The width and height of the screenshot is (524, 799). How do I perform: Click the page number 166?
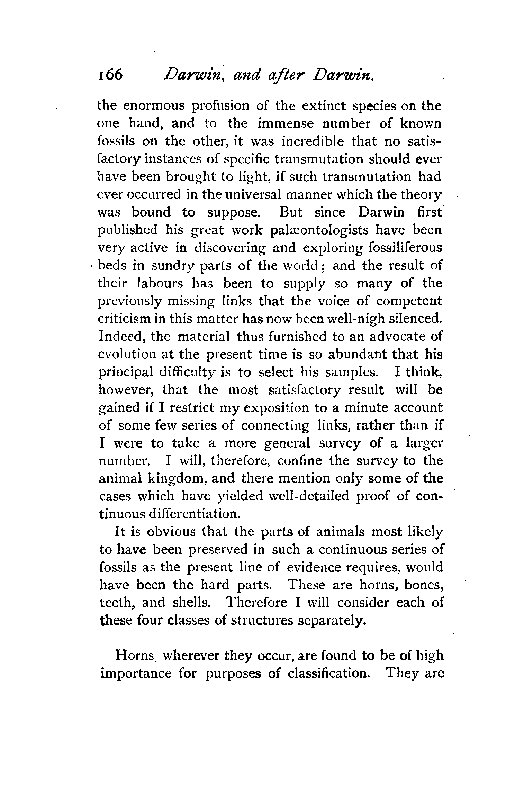(110, 74)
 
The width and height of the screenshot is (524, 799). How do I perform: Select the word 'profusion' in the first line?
(220, 105)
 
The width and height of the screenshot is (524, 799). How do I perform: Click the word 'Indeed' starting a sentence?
(121, 337)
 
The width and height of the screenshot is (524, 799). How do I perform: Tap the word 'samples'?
(351, 372)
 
